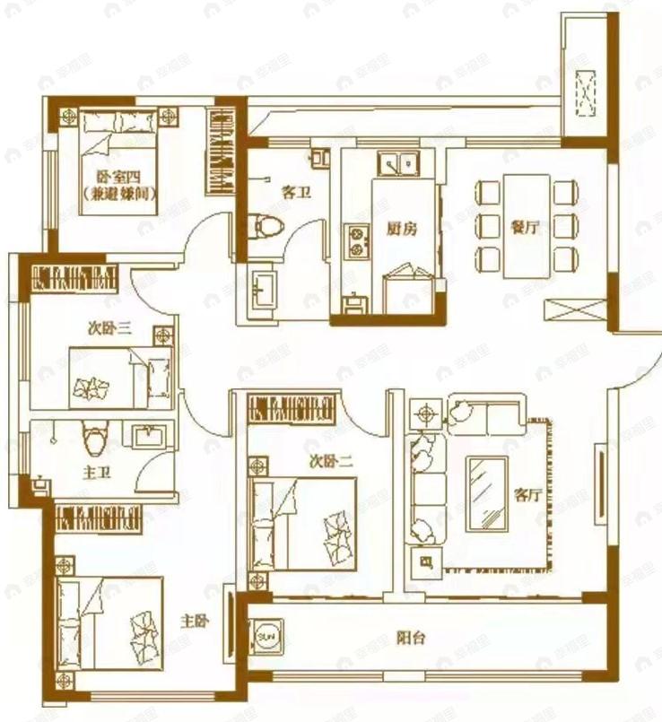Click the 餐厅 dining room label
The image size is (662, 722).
[x=527, y=228]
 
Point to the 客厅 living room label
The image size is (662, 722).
[x=527, y=494]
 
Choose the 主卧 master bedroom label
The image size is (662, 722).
[x=195, y=621]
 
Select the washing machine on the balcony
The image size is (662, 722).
[x=267, y=636]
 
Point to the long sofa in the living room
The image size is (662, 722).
[x=426, y=488]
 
